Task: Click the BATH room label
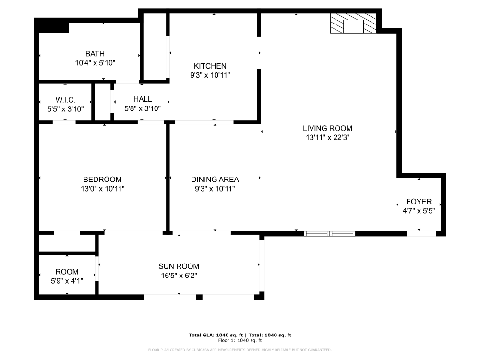click(x=95, y=54)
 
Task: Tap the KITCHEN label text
click(x=210, y=66)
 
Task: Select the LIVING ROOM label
click(x=327, y=128)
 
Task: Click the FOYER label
click(x=419, y=202)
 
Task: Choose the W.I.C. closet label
click(x=66, y=99)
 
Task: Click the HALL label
click(x=143, y=99)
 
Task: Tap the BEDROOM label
click(x=102, y=180)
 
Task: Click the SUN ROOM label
click(x=179, y=266)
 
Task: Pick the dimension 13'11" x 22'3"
click(x=327, y=137)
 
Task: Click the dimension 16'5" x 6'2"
click(x=179, y=276)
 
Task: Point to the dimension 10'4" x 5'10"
click(x=95, y=63)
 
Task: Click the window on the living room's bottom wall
click(x=330, y=234)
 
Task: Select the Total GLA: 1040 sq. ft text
click(x=216, y=335)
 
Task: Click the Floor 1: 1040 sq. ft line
click(x=240, y=340)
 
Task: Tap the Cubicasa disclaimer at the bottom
click(x=240, y=350)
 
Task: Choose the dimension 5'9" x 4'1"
click(x=67, y=281)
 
